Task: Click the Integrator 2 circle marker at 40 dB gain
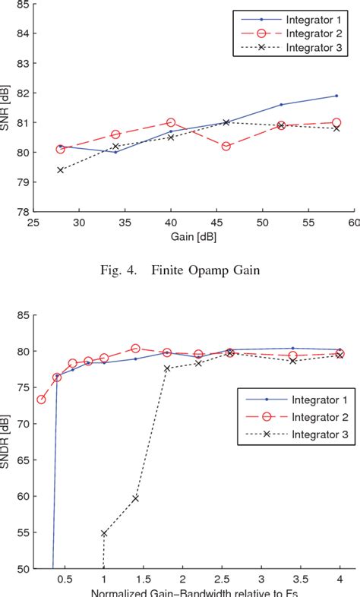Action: (171, 122)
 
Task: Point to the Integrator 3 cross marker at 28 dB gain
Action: (60, 170)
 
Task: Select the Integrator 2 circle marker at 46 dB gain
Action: (226, 146)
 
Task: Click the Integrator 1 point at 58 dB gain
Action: (336, 96)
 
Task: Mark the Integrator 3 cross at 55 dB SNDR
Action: (104, 533)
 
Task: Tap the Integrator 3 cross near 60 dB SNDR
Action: (135, 498)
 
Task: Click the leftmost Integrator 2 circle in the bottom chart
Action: (41, 400)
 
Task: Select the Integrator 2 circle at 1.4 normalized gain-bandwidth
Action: (135, 349)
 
